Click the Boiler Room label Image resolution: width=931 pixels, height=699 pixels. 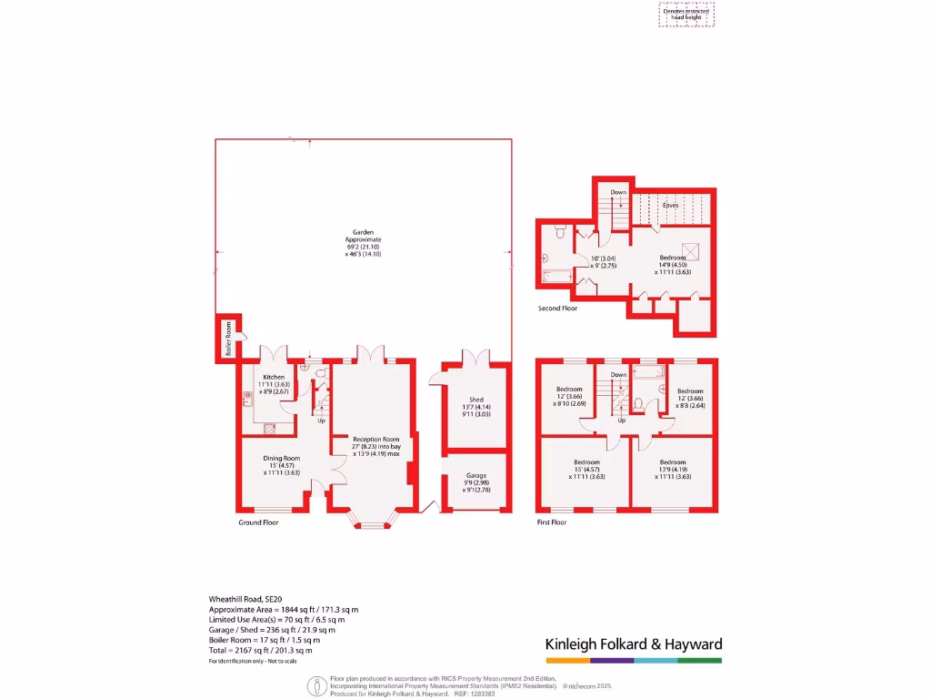pos(229,338)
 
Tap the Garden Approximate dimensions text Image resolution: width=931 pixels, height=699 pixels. pos(364,243)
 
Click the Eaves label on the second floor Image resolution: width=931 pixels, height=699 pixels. pos(669,206)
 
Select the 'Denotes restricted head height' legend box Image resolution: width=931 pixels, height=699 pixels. pos(686,14)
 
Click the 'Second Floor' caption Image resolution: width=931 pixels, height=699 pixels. pos(557,309)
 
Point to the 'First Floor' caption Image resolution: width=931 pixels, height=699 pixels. pos(552,522)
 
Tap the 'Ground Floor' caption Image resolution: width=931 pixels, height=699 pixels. pos(258,522)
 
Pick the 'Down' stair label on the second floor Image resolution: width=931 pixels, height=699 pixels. pos(618,192)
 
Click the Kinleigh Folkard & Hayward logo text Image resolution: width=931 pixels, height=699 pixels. pos(633,644)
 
